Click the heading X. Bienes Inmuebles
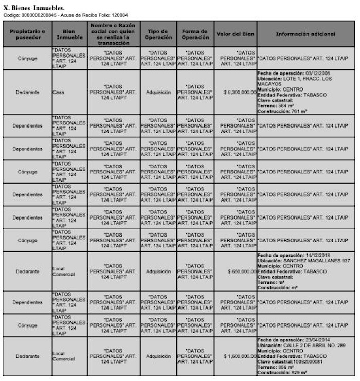point(34,9)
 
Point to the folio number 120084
point(120,15)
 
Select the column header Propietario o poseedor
point(27,34)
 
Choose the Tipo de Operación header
point(158,34)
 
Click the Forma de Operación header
point(195,34)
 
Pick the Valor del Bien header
point(236,34)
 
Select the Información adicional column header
point(305,34)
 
